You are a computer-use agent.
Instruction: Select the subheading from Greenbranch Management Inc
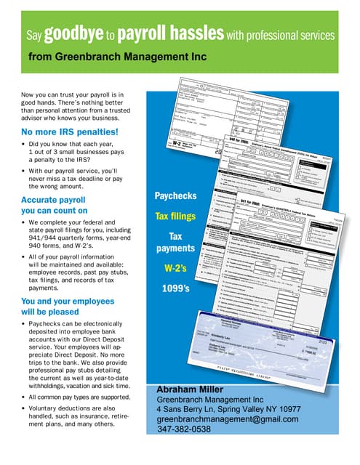[x=117, y=56]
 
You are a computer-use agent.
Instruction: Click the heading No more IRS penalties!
[x=70, y=132]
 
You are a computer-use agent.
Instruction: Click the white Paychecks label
[x=176, y=196]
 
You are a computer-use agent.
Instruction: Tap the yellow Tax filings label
[x=176, y=216]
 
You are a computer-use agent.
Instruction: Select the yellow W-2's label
[x=176, y=269]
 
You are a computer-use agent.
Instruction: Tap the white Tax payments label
[x=176, y=242]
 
